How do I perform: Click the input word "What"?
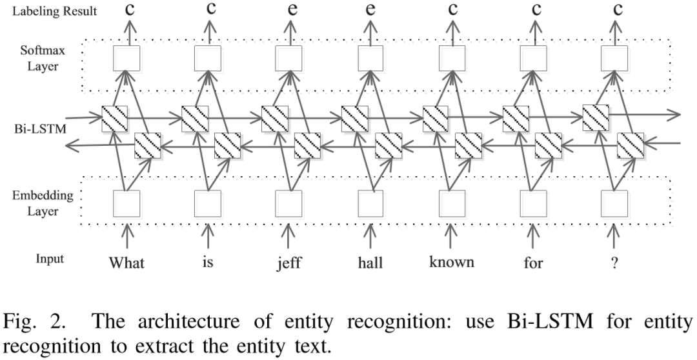pos(126,263)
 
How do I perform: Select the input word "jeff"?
pos(289,263)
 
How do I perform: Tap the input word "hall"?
pos(370,263)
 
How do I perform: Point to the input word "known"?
pos(452,262)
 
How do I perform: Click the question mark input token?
pos(614,263)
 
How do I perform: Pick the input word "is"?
pos(208,263)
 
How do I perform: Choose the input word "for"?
pos(533,263)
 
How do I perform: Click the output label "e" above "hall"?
pos(370,9)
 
